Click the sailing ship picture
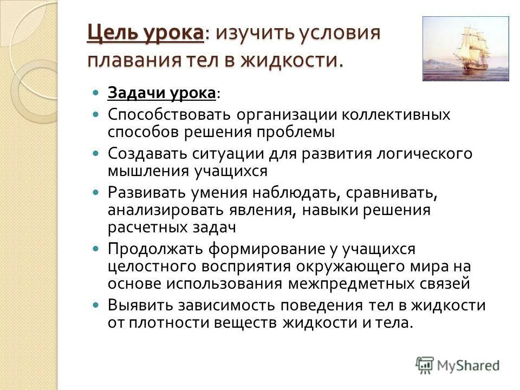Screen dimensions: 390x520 465,49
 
